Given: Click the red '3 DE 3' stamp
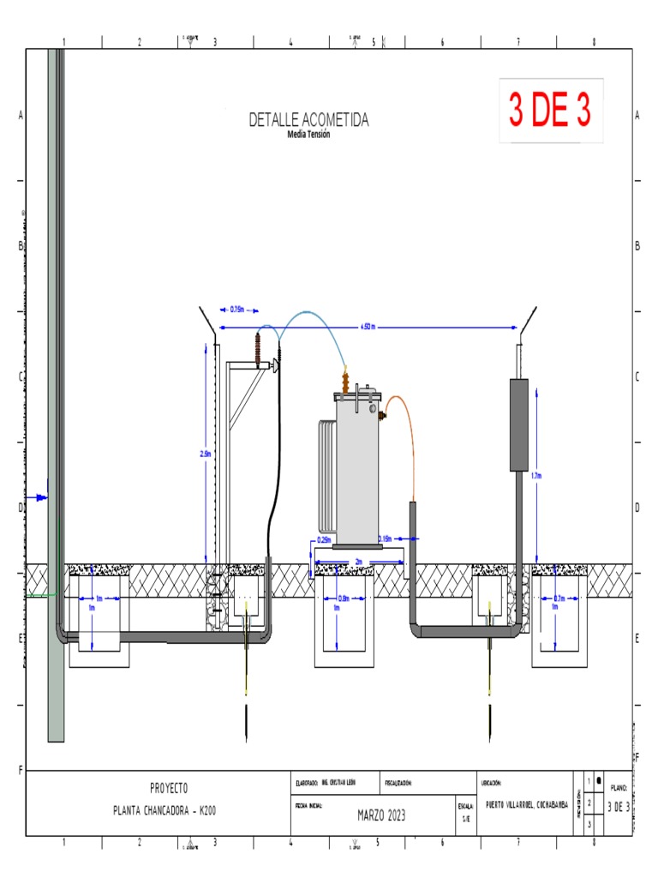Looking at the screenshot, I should click(551, 111).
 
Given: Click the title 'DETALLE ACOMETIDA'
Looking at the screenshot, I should click(308, 120).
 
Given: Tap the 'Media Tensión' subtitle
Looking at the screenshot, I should click(308, 134).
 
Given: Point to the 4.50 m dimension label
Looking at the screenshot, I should click(367, 327).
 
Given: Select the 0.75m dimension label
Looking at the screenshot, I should click(237, 310).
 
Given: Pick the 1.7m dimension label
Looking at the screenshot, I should click(535, 475).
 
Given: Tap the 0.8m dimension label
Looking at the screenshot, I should click(344, 598).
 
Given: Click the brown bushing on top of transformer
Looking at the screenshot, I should click(345, 382).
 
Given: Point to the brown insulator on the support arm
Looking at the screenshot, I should click(256, 350).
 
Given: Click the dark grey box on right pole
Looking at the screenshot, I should click(518, 424).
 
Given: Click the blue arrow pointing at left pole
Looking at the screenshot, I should click(38, 497).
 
